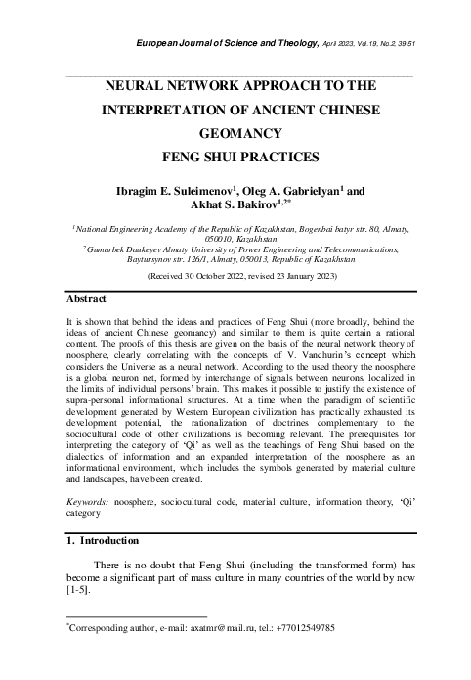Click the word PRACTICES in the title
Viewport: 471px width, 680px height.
point(276,156)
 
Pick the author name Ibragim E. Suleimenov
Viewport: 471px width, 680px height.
point(172,191)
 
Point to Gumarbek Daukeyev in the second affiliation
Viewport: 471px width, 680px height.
point(116,250)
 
